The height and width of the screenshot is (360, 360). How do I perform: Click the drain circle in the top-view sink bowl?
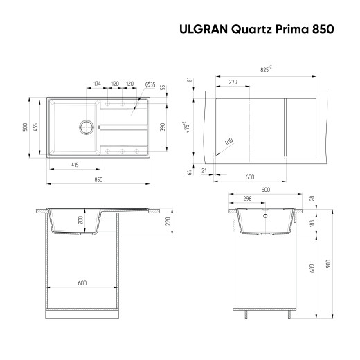coord(87,127)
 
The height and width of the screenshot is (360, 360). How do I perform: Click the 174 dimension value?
coord(98,84)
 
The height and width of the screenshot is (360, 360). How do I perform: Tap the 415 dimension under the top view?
coord(74,164)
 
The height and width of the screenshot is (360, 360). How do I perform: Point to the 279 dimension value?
coord(233,82)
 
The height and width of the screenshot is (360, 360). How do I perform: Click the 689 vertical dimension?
coord(312,267)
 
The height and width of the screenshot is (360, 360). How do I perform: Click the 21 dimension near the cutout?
coord(206,169)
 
